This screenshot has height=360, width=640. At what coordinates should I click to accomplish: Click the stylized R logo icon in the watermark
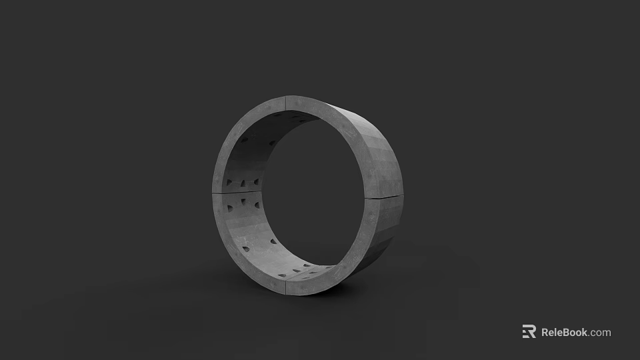tap(529, 332)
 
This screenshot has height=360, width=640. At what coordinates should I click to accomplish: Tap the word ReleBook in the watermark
tap(564, 332)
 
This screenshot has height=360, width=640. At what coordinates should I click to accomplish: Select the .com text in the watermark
tap(600, 332)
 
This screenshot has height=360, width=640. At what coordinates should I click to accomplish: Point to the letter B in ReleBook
tap(569, 332)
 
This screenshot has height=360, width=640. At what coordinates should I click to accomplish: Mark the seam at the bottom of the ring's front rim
tap(286, 289)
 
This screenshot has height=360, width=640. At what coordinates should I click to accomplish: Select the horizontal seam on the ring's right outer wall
tap(385, 197)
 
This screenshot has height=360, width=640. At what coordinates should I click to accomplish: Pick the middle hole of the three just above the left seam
tap(243, 183)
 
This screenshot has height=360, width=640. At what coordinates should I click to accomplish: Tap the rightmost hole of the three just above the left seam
tap(256, 182)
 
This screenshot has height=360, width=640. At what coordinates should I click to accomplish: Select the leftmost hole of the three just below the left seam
tap(231, 208)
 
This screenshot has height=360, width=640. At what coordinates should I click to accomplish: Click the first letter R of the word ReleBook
tap(545, 332)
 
